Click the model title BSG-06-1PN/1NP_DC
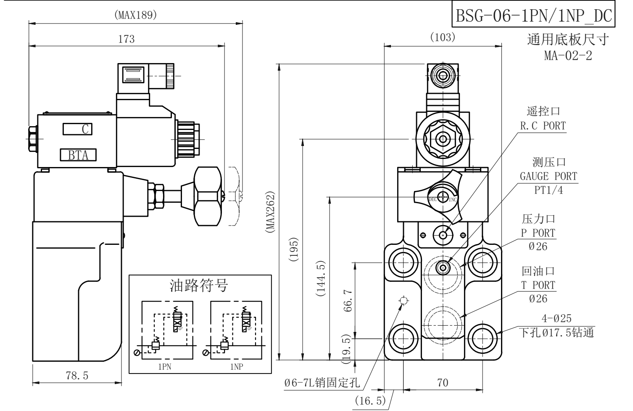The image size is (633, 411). (x=533, y=16)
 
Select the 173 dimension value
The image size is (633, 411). (x=127, y=39)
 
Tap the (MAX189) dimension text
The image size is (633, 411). (x=136, y=15)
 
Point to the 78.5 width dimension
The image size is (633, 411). (x=77, y=375)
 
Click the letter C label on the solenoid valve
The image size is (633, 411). (x=85, y=129)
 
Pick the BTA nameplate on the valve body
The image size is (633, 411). (x=78, y=155)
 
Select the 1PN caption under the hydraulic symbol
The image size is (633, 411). (x=164, y=366)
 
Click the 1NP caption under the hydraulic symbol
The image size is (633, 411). (x=236, y=366)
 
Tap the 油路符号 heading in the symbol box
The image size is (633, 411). (x=199, y=285)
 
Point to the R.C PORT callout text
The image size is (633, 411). (x=543, y=126)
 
